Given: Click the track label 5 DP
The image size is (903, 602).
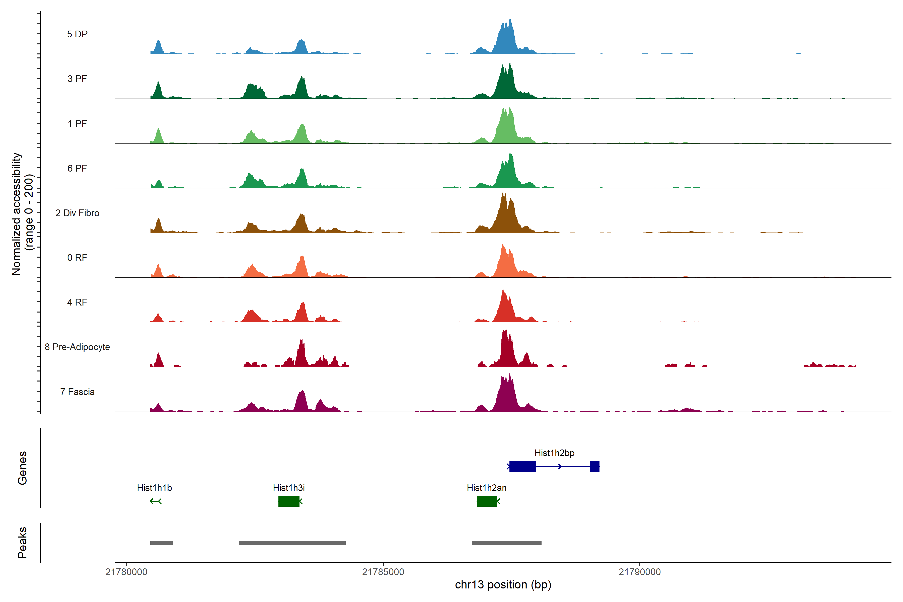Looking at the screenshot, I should (77, 34).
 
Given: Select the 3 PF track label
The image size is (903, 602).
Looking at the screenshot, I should (77, 79).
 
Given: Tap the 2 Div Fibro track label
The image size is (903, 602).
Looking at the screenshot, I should (77, 213).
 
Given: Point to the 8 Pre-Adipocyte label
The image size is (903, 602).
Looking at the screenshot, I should (77, 347).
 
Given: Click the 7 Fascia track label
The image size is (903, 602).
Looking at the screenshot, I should (77, 392).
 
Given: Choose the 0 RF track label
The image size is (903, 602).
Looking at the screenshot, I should (77, 258).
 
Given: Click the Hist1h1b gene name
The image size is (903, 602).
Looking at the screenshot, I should (154, 488).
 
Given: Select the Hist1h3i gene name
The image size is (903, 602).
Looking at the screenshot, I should (289, 488).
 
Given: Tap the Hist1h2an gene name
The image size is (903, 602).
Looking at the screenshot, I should (486, 488).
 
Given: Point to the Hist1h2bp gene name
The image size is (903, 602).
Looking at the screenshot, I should (554, 453).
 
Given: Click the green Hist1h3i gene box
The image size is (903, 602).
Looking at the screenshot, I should (289, 501).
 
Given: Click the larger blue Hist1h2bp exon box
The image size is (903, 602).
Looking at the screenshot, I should (522, 466).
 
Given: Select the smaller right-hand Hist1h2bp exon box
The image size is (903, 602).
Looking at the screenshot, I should (594, 466).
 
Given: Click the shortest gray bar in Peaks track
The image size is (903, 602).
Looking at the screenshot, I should (161, 543).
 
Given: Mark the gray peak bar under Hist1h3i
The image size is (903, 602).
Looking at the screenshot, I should (292, 543).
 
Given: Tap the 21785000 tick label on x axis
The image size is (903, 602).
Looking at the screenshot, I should (383, 572).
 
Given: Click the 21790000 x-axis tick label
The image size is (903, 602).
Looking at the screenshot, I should (640, 572).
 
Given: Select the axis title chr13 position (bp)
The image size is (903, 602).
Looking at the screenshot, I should (503, 585).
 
